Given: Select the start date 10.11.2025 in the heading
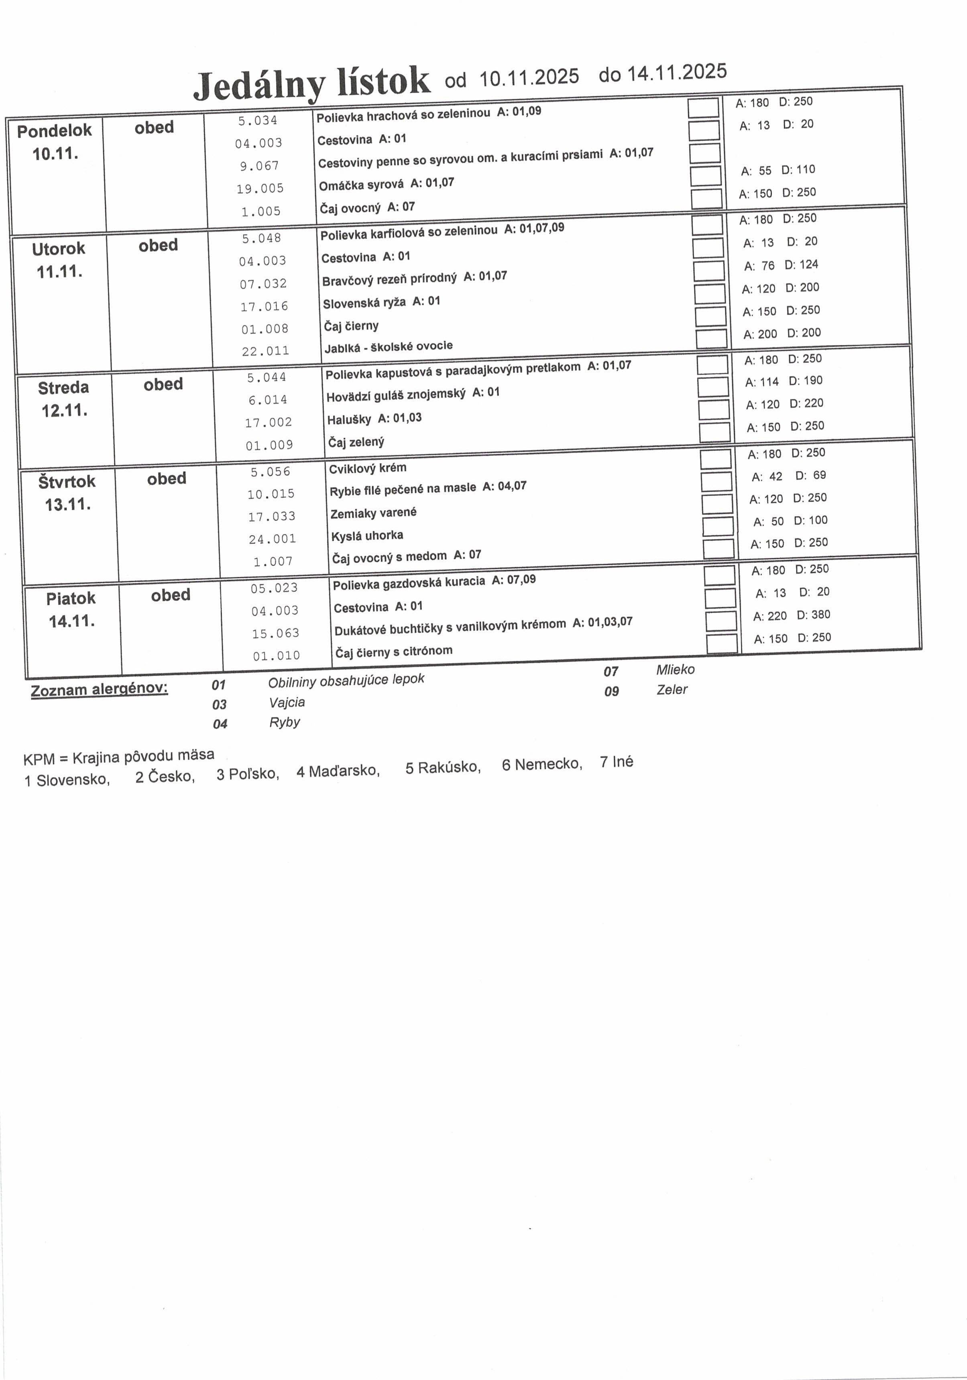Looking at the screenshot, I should click(529, 77).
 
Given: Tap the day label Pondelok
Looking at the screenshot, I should click(54, 131).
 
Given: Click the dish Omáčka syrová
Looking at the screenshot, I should click(361, 184).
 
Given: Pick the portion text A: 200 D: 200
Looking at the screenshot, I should click(782, 333).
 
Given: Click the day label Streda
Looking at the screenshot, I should click(63, 388).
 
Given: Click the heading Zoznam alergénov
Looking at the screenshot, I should click(99, 689).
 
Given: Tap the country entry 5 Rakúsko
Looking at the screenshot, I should click(443, 767).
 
